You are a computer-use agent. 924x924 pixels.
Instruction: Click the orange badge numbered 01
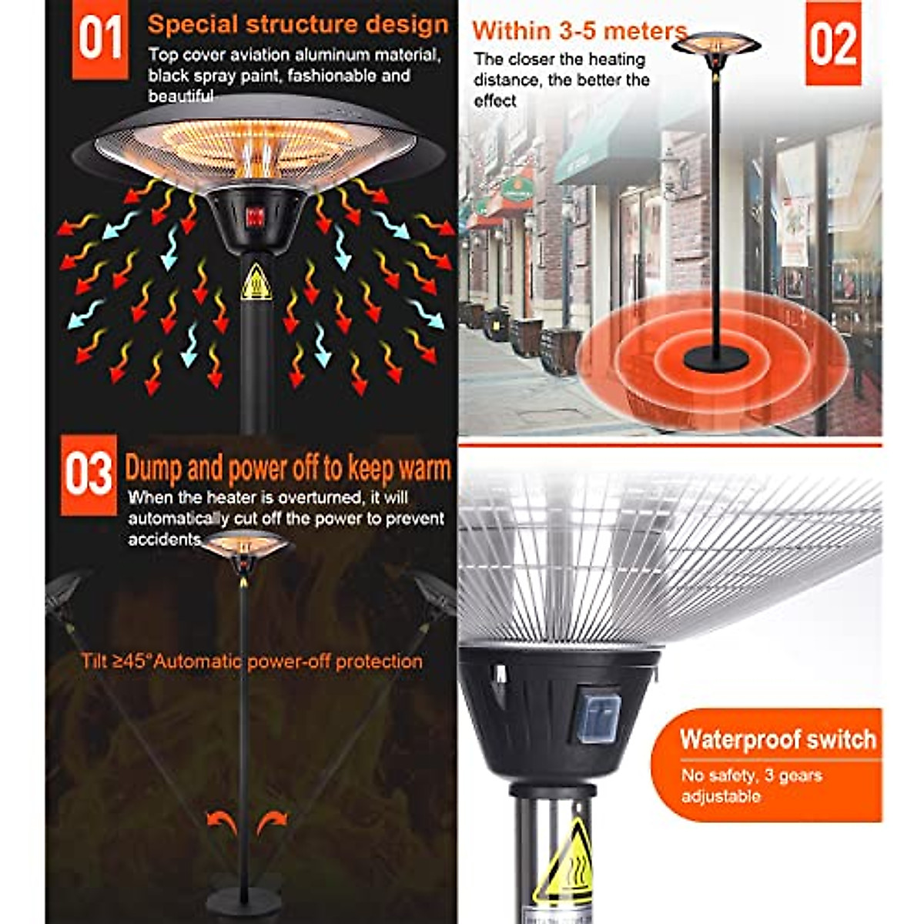click(100, 38)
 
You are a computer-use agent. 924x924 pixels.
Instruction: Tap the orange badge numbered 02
click(833, 43)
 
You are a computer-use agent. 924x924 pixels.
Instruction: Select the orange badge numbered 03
click(89, 474)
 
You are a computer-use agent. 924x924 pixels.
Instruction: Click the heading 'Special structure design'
click(298, 24)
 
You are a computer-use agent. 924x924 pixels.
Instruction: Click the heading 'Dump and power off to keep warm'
click(287, 468)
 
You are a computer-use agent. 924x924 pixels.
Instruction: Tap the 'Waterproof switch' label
click(778, 739)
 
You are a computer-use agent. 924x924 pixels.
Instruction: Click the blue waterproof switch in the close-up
click(597, 716)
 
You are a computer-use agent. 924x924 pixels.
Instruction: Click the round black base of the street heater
click(715, 358)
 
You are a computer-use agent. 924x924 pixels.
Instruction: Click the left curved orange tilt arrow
click(223, 822)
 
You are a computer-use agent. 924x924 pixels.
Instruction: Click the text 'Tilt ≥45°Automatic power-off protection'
click(252, 661)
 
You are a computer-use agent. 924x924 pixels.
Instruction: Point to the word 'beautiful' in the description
click(181, 96)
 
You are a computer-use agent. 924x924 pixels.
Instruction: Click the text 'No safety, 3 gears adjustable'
click(751, 785)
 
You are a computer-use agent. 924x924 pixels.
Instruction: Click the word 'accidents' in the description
click(164, 539)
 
